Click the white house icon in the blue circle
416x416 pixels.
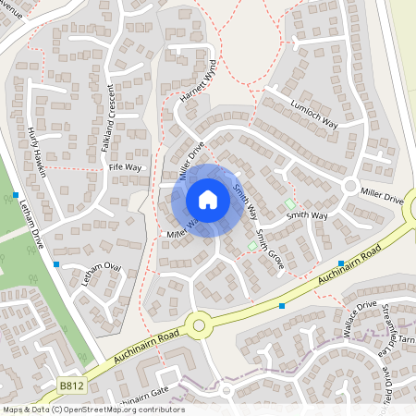(208, 200)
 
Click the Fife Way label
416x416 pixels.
(125, 167)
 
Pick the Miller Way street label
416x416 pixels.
(182, 230)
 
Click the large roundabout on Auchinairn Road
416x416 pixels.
(197, 324)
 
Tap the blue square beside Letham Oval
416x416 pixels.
(57, 264)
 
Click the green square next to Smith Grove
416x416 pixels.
(252, 246)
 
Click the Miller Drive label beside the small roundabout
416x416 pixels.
(382, 197)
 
